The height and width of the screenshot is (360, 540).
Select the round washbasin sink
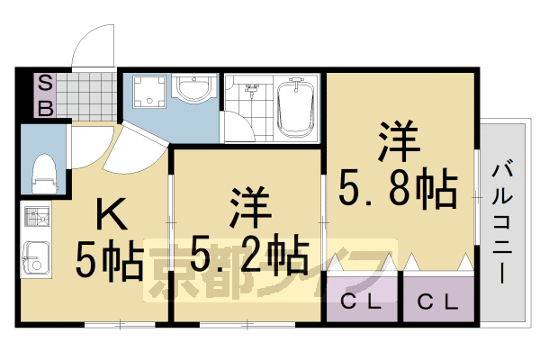(193, 90)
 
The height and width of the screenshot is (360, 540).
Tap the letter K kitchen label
(113, 216)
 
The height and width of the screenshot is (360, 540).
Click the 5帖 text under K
(109, 262)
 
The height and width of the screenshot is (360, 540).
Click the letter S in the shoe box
(44, 85)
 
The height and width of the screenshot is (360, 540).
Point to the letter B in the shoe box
(44, 108)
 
